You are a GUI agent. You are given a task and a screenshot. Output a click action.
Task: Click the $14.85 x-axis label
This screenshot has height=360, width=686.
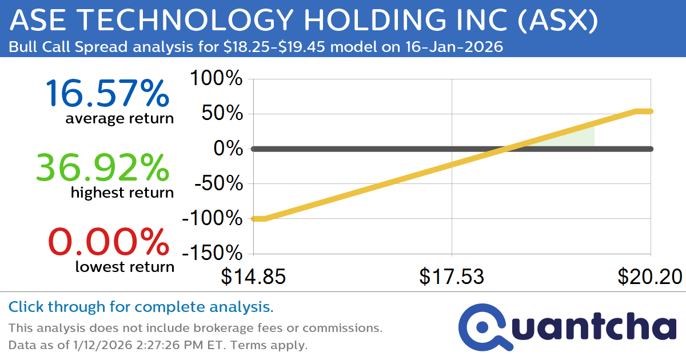tap(253, 277)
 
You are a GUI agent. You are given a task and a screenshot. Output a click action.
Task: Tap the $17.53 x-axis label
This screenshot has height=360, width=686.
tap(452, 277)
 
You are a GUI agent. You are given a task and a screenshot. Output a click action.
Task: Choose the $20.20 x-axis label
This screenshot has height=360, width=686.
tap(650, 277)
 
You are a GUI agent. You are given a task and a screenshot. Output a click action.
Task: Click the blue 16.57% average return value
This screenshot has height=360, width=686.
tap(107, 94)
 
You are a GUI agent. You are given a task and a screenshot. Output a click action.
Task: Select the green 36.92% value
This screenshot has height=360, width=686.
tap(103, 168)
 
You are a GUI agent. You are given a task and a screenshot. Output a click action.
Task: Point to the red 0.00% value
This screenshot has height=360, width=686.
tap(109, 242)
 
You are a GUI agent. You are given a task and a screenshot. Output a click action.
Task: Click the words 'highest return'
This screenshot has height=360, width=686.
tap(122, 193)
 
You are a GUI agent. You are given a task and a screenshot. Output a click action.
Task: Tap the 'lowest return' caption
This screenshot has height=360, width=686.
tap(125, 267)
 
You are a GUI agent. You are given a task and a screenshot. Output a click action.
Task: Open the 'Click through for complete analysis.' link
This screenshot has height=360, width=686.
tap(141, 307)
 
